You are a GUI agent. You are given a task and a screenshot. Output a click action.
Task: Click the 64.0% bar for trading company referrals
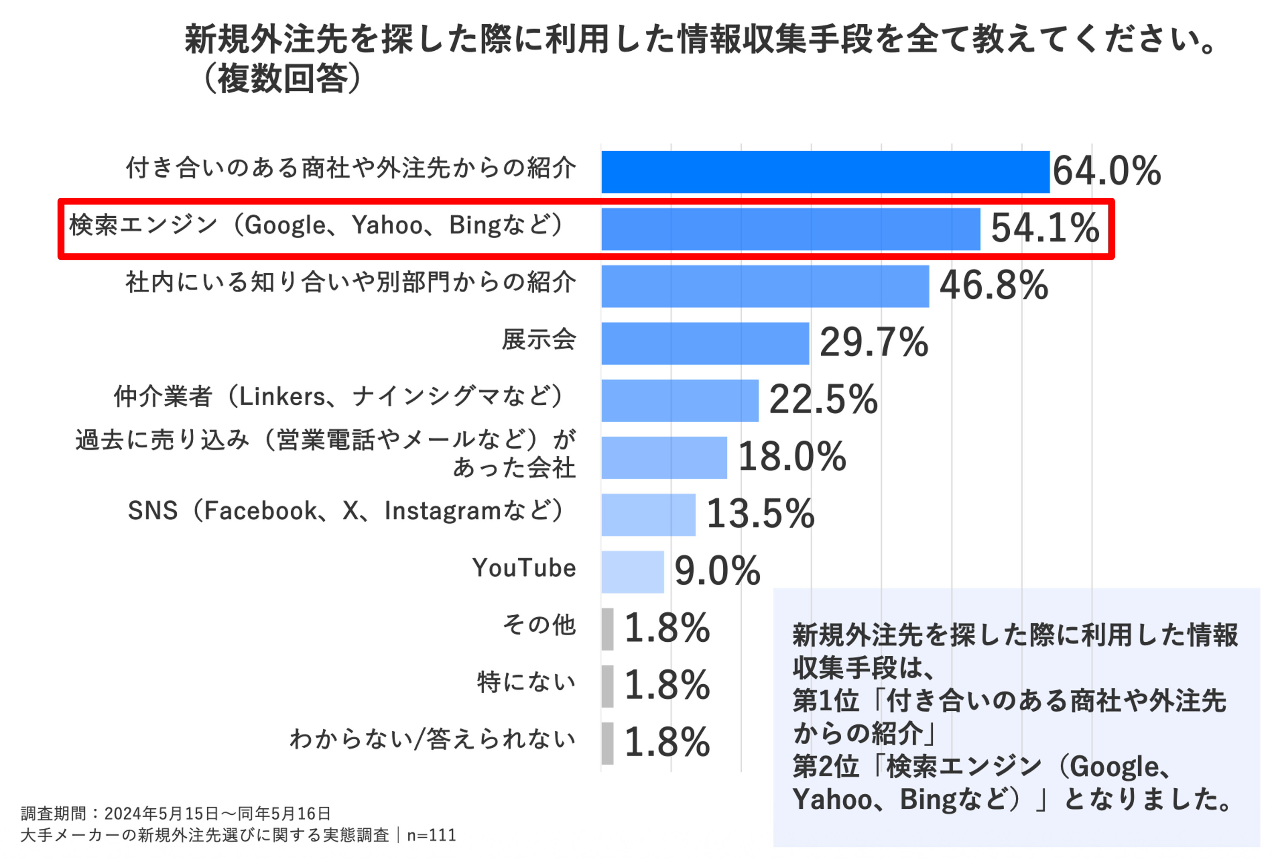tap(825, 172)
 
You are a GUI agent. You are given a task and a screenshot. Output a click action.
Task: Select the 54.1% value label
tap(1044, 228)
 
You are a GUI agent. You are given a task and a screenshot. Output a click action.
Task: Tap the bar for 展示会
tap(705, 343)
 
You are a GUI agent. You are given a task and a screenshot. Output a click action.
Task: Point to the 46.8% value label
tap(994, 285)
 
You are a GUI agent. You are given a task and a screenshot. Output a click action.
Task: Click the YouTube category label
tap(524, 568)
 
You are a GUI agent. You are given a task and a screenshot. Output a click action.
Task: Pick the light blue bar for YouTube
tap(632, 572)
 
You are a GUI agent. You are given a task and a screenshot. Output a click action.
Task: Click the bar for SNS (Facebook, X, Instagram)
tap(648, 515)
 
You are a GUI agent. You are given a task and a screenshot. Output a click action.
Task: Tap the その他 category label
tap(539, 625)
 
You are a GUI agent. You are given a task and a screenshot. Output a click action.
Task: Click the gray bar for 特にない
tap(607, 686)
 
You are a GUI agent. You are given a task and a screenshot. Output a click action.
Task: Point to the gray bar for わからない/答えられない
tap(607, 744)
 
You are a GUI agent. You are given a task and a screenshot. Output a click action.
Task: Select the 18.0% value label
tap(791, 457)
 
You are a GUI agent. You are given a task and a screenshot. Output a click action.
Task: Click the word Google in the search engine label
tap(285, 225)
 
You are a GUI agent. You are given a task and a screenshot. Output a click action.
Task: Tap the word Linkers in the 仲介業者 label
tap(282, 397)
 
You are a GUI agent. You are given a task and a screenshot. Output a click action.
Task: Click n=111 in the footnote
tap(431, 835)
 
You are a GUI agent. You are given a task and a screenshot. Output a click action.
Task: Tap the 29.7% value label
tap(874, 343)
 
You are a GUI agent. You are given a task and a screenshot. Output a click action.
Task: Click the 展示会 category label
tap(539, 340)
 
